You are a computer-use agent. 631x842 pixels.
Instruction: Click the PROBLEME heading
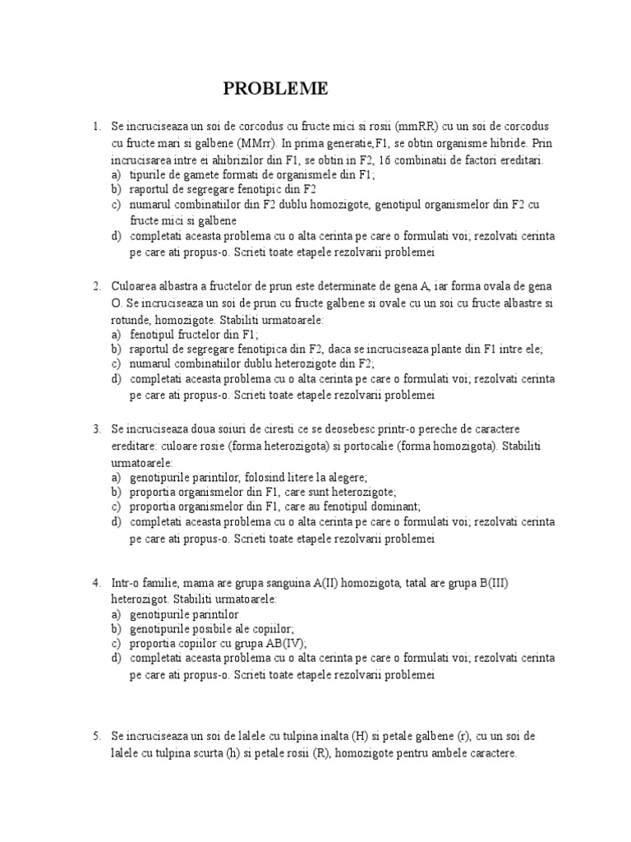(276, 88)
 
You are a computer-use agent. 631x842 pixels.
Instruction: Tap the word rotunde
(131, 319)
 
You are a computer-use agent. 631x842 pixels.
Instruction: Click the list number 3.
(96, 430)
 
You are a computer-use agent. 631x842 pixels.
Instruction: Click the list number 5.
(96, 737)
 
